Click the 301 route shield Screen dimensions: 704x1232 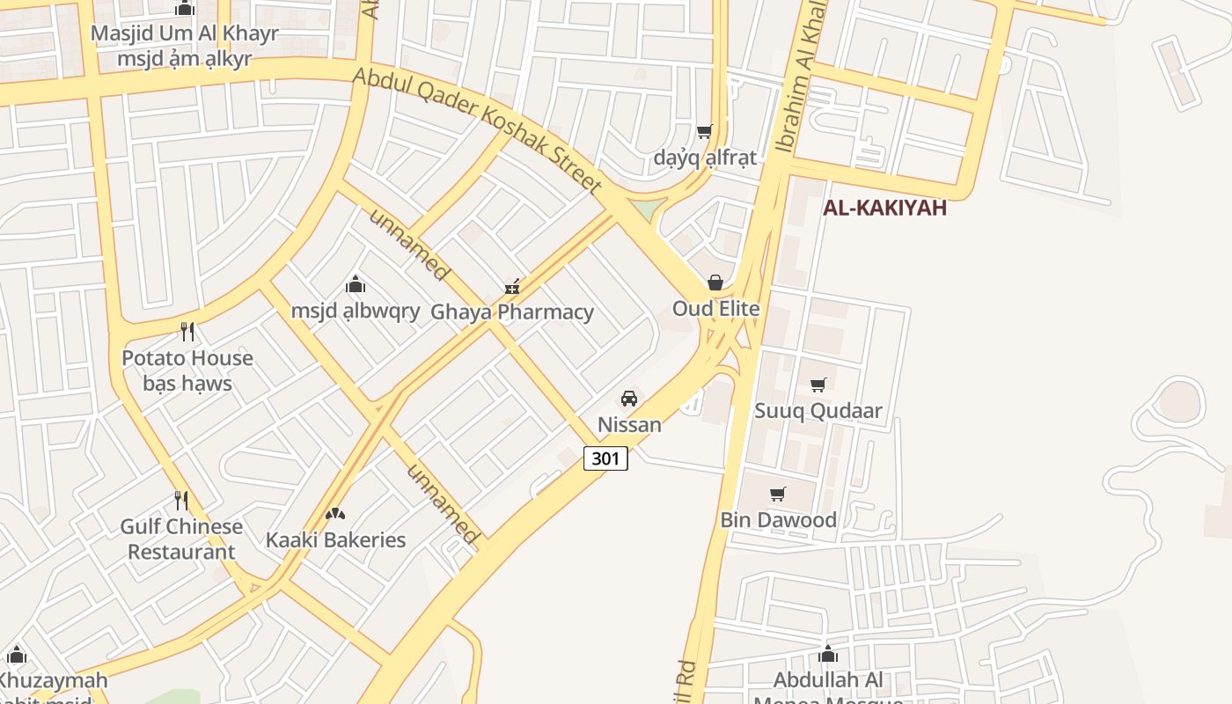coord(605,458)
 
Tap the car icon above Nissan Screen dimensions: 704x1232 coord(629,399)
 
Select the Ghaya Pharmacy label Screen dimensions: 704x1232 coord(511,312)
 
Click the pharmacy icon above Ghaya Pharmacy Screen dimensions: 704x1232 coord(512,286)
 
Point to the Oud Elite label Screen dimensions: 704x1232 coord(715,309)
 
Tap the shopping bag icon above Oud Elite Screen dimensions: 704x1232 coord(715,282)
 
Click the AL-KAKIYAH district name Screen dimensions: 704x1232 coord(884,208)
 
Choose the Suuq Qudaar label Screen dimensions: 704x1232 coord(818,411)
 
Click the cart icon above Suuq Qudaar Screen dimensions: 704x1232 coord(818,385)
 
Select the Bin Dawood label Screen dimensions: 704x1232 coord(778,520)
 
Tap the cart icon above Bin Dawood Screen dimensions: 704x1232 coord(778,494)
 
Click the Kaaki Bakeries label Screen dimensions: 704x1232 coord(335,539)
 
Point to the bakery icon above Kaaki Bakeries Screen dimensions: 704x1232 coord(334,514)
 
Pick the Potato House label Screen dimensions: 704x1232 coord(187,358)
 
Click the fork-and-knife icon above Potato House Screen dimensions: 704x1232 coord(187,332)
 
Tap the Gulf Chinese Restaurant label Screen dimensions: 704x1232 coord(181,539)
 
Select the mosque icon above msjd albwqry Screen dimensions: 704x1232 coord(356,284)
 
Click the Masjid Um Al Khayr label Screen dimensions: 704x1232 coord(184,34)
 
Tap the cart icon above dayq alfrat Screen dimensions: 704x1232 coord(704,132)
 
